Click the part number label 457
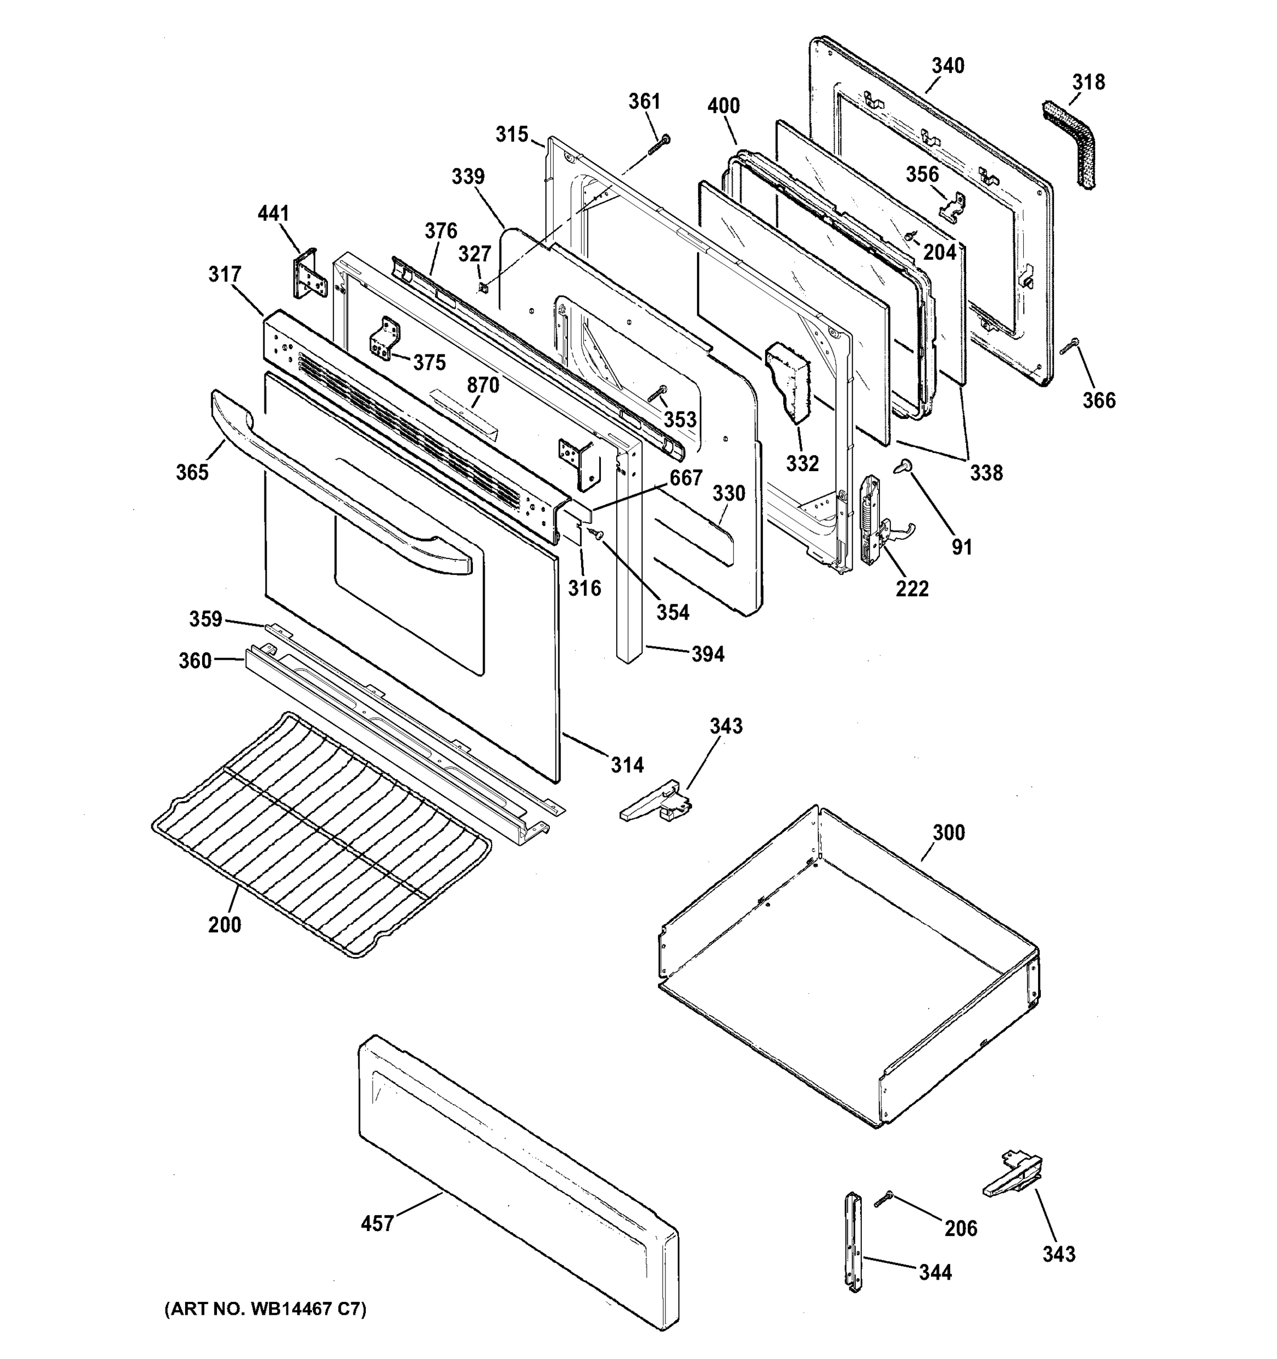click(377, 1223)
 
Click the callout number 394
click(707, 654)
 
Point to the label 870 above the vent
click(482, 385)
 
